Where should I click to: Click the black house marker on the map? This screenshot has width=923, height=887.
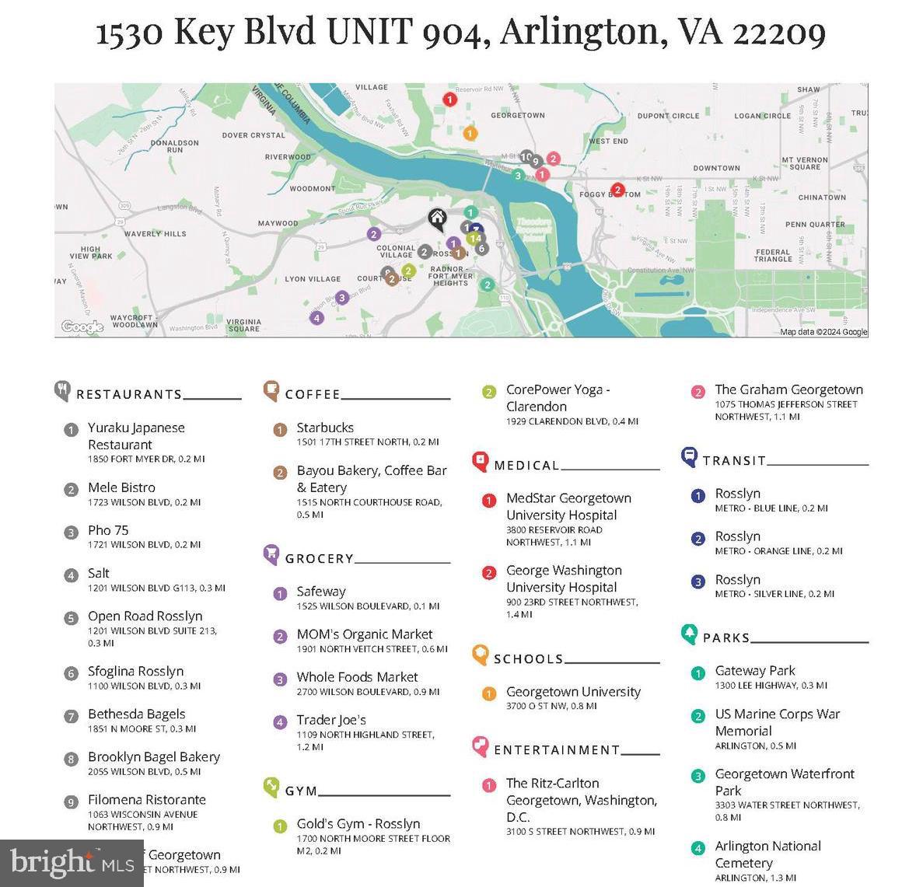coord(438,218)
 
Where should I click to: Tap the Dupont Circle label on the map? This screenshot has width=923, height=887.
coord(668,116)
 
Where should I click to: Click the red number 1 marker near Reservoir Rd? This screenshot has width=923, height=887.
coord(449,100)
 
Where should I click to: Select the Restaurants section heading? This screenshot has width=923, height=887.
coord(129,394)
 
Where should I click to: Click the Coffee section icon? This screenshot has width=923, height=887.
coord(271,390)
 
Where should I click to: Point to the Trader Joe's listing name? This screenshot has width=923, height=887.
coord(331,720)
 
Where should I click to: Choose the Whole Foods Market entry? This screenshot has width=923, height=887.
coord(357,677)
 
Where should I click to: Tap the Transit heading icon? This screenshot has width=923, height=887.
coord(689,457)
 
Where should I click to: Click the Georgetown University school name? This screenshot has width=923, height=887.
coord(573,691)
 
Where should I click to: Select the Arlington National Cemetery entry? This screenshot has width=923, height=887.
coord(767,854)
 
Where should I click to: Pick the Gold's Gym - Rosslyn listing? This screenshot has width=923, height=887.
coord(358,823)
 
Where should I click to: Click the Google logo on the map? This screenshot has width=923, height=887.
coord(82,327)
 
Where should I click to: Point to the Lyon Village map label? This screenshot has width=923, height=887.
coord(313,279)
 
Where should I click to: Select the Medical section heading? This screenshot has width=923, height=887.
coord(526,465)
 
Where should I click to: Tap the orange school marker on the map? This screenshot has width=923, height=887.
coord(470,133)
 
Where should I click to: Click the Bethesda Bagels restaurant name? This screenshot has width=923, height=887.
coord(136,714)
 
